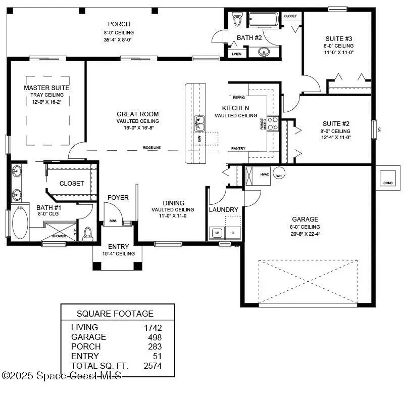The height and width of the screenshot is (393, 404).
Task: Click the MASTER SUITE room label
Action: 46,88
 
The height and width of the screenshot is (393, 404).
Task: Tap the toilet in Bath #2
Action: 238,19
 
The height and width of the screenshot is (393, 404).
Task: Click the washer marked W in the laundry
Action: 217,233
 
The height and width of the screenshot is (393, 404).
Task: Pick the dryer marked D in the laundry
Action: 233,233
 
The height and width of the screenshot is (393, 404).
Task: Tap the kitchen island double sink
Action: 200,122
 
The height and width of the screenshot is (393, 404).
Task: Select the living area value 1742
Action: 153,327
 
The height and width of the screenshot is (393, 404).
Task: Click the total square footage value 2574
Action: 153,366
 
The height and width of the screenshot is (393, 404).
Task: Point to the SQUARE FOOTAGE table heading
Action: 115,313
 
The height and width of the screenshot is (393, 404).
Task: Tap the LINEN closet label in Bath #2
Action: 236,54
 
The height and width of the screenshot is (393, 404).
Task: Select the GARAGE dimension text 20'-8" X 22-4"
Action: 305,234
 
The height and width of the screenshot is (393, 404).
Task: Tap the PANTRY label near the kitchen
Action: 238,149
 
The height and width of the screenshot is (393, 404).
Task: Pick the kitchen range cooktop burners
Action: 273,123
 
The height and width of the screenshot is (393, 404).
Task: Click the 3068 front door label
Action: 114,221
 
